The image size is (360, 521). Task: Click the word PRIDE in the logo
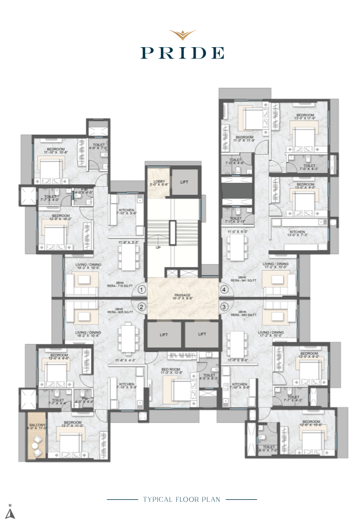click(x=182, y=53)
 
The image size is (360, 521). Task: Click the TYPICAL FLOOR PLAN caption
click(x=182, y=499)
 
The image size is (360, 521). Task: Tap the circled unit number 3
click(x=224, y=306)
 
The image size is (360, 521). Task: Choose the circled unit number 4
click(x=224, y=290)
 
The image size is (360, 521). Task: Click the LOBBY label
click(x=158, y=181)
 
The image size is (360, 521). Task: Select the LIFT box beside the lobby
click(x=185, y=182)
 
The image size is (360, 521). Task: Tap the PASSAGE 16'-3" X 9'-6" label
click(x=183, y=297)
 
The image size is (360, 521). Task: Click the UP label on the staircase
click(x=158, y=248)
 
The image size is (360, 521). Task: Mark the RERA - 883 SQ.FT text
click(x=244, y=314)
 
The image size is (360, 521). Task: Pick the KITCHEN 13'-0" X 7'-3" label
click(x=297, y=233)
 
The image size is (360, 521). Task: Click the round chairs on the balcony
click(x=36, y=444)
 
